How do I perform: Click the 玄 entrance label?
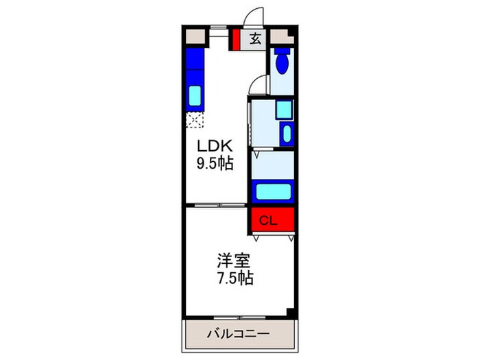(255, 39)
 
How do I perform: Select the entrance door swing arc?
(255, 17)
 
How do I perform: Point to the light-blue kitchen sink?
(195, 95)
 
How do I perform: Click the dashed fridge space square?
(195, 121)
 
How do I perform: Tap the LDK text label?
(216, 145)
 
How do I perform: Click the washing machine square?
(283, 110)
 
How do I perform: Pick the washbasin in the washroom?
(287, 133)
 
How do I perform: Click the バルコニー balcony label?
(238, 334)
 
